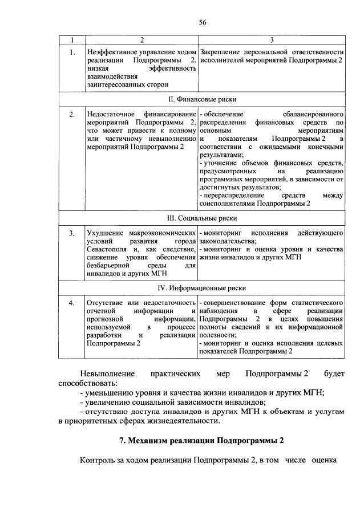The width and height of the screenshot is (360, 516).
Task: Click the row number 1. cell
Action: [x=72, y=52]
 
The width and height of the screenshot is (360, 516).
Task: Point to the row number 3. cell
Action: [x=72, y=234]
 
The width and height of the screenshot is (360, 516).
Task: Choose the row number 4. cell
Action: [x=72, y=303]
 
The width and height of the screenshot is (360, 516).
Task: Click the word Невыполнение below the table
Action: [x=108, y=373]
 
